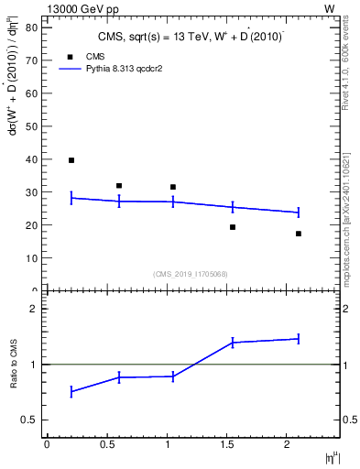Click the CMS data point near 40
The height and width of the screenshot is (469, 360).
(71, 160)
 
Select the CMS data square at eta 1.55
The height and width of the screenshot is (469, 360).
(233, 227)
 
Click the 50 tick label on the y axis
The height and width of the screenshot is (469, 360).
(31, 126)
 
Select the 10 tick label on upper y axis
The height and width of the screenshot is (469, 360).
(31, 258)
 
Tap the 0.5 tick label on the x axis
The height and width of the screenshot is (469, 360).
(107, 444)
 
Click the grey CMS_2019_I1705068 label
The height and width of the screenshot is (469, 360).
(191, 273)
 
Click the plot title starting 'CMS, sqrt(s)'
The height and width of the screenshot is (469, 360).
(191, 37)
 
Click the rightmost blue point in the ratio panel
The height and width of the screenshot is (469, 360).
(299, 339)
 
